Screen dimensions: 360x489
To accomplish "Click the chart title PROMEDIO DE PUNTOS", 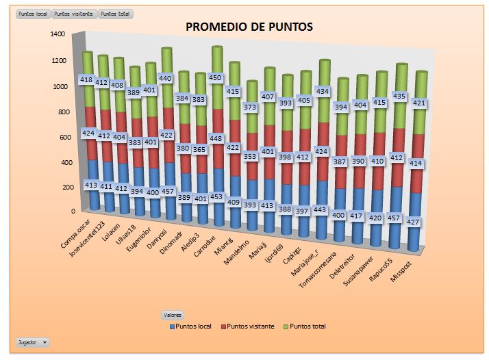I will coord(249,27).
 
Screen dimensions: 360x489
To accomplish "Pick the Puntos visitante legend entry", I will coord(250,326).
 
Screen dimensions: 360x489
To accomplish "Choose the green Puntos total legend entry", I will coord(305,326).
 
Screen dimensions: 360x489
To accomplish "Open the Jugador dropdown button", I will coord(32,341).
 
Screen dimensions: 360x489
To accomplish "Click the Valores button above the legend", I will coord(172,315).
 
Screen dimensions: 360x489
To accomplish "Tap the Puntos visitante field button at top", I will coord(74,14).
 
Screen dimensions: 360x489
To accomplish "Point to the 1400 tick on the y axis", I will coord(58,34).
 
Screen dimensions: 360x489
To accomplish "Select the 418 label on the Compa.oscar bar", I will coord(86,79).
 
